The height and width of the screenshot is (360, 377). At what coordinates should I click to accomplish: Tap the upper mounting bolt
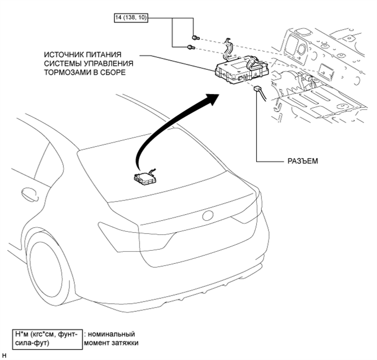click(196, 38)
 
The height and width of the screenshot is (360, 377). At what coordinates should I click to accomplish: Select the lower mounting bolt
click(191, 48)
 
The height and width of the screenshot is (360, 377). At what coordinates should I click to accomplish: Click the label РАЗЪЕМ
click(303, 161)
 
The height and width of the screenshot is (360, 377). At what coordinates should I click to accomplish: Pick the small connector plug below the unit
click(257, 88)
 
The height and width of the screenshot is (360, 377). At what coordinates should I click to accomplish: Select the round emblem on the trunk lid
click(208, 216)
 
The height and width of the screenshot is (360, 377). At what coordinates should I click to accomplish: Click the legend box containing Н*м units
click(48, 339)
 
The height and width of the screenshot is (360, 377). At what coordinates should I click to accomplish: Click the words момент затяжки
click(111, 343)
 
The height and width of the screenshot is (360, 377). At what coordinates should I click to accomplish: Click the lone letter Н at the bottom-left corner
click(4, 356)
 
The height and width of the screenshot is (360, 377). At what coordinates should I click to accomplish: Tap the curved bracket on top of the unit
click(227, 49)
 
